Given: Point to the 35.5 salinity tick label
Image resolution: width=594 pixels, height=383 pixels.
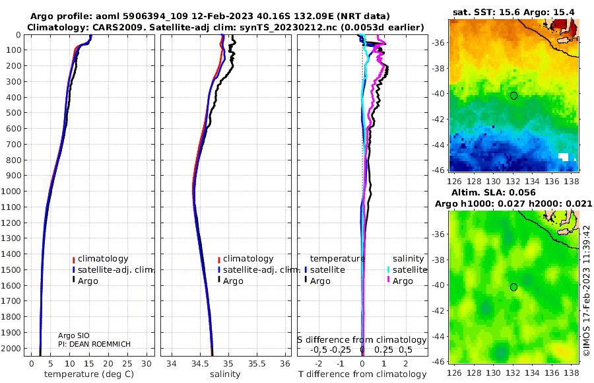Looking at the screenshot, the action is [257, 364].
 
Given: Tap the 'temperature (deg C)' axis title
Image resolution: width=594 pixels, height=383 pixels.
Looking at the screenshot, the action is [89, 374].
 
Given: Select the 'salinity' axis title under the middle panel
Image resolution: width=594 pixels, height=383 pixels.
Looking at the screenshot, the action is [225, 374].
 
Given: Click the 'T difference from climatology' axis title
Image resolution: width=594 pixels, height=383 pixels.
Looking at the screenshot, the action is [362, 374].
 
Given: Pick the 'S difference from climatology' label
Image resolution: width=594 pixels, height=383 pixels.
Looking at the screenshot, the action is [362, 340].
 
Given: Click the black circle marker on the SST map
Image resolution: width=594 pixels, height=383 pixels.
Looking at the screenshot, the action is [513, 96].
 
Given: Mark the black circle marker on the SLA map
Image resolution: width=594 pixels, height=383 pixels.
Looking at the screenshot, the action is [513, 287].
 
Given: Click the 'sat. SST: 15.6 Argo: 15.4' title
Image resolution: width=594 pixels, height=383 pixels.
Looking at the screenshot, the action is [513, 12].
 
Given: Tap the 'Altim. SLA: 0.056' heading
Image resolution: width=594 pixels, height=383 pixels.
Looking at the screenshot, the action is [494, 192].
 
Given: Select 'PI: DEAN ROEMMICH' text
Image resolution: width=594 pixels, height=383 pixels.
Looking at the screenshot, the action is [94, 344].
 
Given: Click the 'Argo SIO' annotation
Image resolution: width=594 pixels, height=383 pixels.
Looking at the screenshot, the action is [74, 335].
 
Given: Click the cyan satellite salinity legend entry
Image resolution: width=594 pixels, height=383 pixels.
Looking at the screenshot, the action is [407, 269].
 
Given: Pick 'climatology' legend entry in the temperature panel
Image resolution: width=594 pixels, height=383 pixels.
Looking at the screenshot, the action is [100, 259].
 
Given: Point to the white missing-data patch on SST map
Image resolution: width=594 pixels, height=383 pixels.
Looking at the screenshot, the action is [564, 157].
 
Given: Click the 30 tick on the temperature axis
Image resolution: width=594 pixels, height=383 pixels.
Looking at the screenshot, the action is [147, 364].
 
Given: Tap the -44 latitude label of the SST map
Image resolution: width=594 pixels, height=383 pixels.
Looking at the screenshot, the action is [439, 145].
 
